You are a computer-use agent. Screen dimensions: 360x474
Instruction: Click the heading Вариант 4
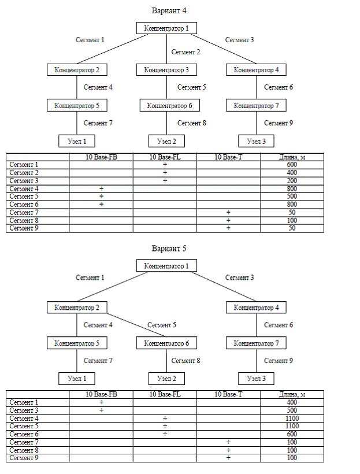point(169,10)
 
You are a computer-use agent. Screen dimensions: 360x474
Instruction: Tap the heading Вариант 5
point(169,249)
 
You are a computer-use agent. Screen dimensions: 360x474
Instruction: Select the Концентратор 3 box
point(166,70)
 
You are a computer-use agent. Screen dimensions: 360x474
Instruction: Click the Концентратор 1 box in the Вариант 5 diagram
point(166,266)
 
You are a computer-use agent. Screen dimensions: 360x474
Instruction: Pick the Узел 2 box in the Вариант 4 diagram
point(166,141)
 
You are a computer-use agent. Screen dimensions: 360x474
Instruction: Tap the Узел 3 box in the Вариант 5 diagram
point(257,379)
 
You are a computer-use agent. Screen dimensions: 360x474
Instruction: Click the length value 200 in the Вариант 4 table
point(292,181)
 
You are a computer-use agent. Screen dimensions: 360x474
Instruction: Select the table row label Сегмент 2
point(24,173)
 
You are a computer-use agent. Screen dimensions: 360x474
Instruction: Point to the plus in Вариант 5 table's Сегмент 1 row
point(101,402)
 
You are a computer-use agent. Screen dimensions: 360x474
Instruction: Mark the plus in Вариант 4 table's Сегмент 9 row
point(228,228)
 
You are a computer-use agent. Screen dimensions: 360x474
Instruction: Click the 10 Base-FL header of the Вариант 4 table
point(165,157)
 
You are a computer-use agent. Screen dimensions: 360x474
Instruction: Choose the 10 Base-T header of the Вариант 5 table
point(228,394)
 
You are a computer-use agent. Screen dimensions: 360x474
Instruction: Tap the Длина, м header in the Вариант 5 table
point(292,394)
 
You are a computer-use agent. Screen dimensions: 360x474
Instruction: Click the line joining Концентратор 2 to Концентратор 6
point(136,325)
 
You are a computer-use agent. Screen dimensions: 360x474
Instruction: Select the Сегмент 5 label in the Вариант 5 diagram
point(162,325)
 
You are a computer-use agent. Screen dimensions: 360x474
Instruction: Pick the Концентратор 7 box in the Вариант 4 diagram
point(257,106)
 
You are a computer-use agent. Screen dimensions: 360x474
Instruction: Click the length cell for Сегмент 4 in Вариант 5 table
point(292,419)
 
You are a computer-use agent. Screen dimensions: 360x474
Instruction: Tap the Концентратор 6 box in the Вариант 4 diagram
point(170,106)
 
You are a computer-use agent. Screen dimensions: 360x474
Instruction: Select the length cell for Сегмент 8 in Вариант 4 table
point(292,220)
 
